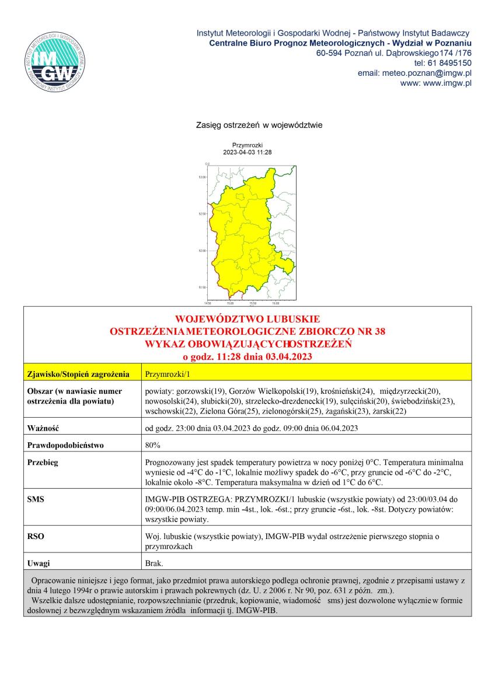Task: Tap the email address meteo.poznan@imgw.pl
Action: click(426, 73)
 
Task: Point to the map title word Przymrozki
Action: click(247, 145)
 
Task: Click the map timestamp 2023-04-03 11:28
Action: click(247, 152)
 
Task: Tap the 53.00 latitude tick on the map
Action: click(202, 177)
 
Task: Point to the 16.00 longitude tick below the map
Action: click(276, 304)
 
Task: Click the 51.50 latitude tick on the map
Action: click(202, 288)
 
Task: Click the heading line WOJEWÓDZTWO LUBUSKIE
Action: click(247, 319)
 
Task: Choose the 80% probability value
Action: click(152, 445)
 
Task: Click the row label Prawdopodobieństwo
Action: click(65, 445)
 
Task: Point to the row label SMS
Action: click(36, 499)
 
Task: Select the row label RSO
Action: click(36, 535)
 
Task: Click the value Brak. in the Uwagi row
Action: click(154, 563)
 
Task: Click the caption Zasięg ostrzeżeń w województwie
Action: click(259, 125)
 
